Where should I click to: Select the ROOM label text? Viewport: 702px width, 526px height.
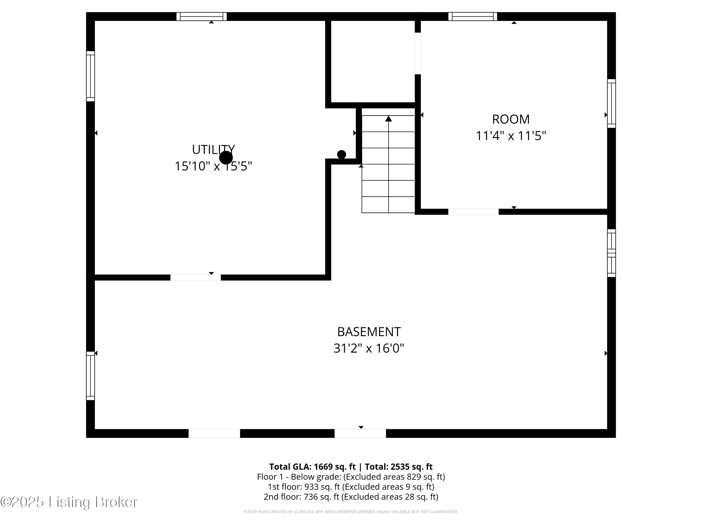coord(511,119)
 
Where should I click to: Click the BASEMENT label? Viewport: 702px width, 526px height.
coord(369,332)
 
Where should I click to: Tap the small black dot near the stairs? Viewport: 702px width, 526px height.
coord(341,154)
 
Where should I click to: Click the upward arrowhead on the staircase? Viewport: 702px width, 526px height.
coord(388,119)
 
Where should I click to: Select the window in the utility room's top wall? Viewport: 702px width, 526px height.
coord(201,17)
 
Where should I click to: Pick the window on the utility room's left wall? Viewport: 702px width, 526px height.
coord(91,76)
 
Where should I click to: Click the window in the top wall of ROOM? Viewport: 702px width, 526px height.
coord(472,17)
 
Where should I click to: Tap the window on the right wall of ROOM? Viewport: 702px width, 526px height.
coord(611,103)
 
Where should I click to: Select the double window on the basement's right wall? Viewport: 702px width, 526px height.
coord(611,253)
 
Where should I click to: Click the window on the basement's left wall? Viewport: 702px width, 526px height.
coord(91,375)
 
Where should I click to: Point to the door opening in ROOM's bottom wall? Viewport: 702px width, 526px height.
coord(473,212)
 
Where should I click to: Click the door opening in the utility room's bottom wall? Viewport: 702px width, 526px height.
coord(195,277)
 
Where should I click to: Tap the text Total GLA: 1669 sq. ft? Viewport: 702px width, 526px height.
coord(312,467)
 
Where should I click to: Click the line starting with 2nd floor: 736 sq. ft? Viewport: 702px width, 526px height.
coord(351,497)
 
